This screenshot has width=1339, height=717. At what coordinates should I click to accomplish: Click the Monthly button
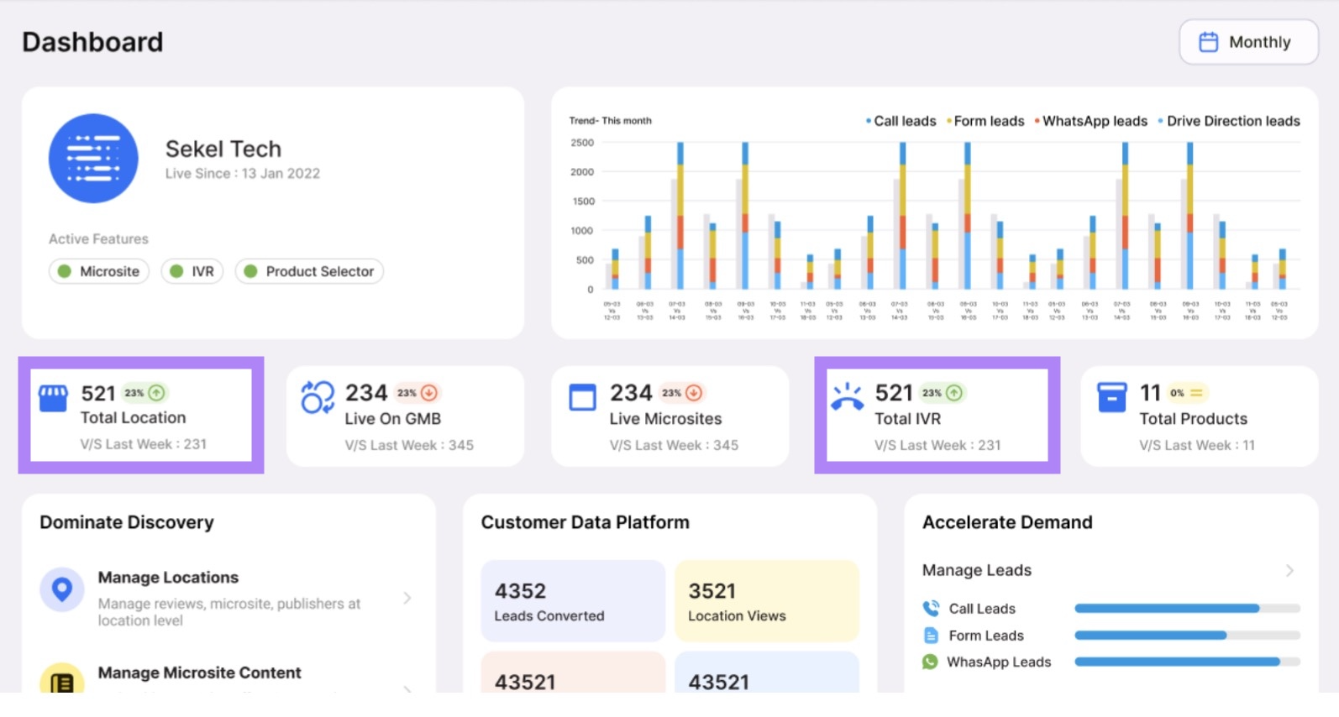(1248, 42)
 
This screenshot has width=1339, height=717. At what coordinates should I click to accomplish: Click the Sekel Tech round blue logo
(93, 159)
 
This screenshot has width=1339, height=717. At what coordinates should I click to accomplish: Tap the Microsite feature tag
(99, 271)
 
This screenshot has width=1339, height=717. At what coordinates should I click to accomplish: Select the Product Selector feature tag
(309, 271)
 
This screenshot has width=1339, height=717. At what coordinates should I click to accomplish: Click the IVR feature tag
(192, 271)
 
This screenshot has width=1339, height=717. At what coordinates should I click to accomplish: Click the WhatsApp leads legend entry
(1091, 121)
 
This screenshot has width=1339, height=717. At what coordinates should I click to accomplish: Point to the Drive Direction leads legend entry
(1229, 121)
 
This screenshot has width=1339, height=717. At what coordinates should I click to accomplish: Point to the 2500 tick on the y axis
(582, 143)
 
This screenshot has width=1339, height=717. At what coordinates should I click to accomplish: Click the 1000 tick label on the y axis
(582, 231)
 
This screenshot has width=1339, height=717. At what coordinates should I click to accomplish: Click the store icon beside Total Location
(54, 398)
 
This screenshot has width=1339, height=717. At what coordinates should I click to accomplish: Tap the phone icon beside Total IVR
(847, 397)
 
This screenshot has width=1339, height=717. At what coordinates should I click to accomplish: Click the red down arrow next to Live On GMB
(429, 392)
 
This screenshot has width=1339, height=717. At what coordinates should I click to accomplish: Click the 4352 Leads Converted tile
(573, 601)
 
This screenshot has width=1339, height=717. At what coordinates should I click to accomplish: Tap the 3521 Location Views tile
(766, 601)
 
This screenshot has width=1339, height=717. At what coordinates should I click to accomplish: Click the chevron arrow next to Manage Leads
(1289, 570)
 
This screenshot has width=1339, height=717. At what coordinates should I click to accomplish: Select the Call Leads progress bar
(1186, 609)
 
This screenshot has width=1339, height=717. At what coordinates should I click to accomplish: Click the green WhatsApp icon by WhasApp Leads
(930, 662)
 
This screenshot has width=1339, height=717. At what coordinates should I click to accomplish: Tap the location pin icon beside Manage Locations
(62, 589)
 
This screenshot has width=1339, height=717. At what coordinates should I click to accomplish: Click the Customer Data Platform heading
(585, 522)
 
